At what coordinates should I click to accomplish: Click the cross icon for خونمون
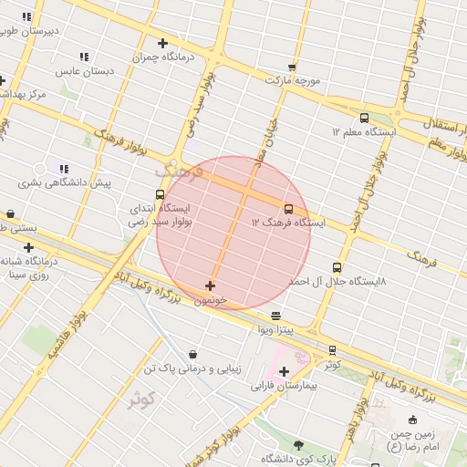click(x=211, y=286)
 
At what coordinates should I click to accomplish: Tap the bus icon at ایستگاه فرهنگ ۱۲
click(x=289, y=209)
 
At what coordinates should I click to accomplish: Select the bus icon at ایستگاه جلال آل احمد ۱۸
click(x=337, y=268)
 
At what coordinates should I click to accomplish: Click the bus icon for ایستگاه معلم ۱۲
click(x=365, y=118)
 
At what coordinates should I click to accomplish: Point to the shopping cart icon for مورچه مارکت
click(x=292, y=67)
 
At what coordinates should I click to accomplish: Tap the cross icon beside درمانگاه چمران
click(x=163, y=43)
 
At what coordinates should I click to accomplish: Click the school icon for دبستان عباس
click(x=84, y=57)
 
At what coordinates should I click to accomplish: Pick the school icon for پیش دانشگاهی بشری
click(x=64, y=168)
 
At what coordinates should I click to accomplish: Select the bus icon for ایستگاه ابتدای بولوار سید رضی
click(x=161, y=194)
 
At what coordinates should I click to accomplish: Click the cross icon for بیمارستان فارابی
click(x=285, y=371)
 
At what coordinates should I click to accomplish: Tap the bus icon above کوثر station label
click(x=332, y=349)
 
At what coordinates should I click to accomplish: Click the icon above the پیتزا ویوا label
click(x=276, y=315)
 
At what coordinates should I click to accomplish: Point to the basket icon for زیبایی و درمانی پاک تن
click(x=192, y=355)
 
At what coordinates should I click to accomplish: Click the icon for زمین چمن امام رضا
click(x=414, y=420)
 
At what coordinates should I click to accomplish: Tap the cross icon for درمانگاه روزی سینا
click(x=29, y=247)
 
